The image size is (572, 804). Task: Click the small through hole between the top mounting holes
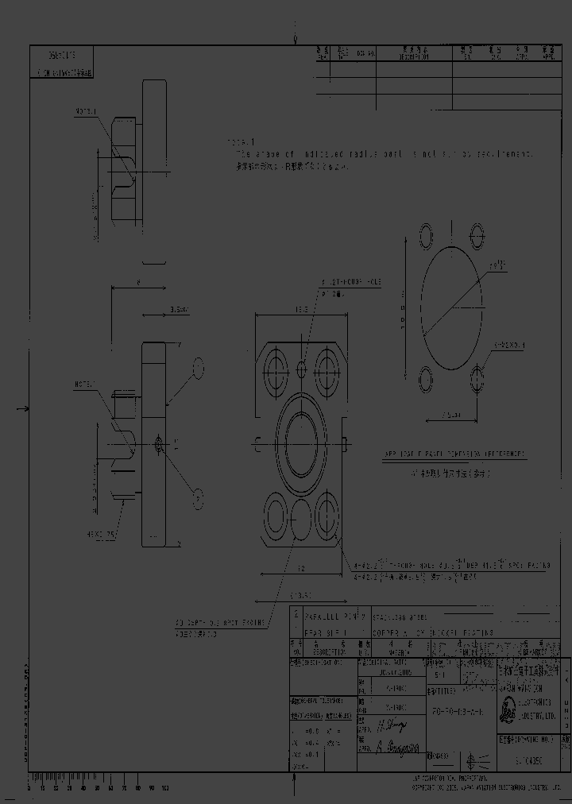coord(302,369)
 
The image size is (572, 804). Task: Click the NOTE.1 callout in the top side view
coord(86,112)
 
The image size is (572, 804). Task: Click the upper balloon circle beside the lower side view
coord(199,368)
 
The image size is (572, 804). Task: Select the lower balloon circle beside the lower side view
coord(199,497)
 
